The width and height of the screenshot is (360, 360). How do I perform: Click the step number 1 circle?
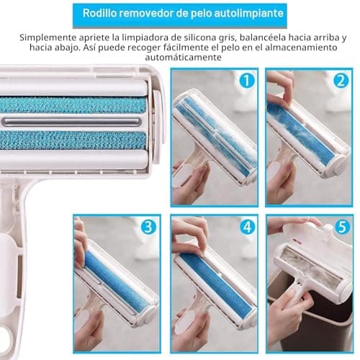[x=247, y=81]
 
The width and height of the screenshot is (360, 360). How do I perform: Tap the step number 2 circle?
[x=341, y=81]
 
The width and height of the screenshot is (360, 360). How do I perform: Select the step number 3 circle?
[x=149, y=227]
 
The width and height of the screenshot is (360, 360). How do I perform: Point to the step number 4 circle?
[x=247, y=227]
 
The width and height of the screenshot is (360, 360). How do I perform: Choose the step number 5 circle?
[x=342, y=227]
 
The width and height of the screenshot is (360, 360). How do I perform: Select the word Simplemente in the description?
[x=48, y=38]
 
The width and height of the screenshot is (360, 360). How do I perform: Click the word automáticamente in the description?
[x=183, y=58]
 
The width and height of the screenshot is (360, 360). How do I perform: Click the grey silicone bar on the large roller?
[x=71, y=122]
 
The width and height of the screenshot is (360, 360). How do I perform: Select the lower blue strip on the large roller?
[x=73, y=140]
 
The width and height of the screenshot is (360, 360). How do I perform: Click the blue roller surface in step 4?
[x=215, y=282]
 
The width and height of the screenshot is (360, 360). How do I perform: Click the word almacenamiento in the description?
[x=301, y=48]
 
